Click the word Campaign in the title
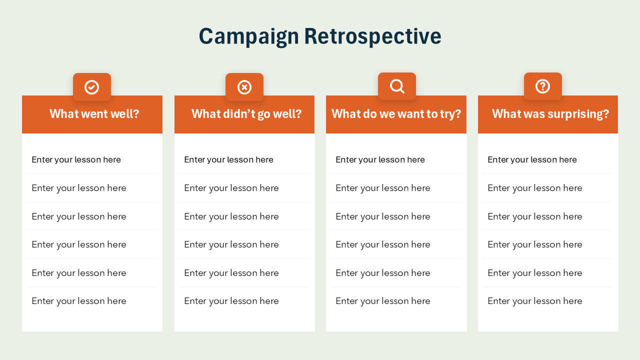point(248,36)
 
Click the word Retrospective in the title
point(372,36)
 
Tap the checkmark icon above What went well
point(92,87)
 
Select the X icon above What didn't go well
point(244,87)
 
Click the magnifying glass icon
point(397,86)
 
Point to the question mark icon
point(543,86)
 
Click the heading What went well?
point(94,114)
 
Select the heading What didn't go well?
point(246,114)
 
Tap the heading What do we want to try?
point(396,114)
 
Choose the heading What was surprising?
point(550,114)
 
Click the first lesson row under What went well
point(76,159)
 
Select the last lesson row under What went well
point(79,301)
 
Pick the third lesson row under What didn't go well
point(231,216)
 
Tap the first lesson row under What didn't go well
point(229,159)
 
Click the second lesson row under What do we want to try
point(383,188)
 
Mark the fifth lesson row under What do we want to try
point(383,273)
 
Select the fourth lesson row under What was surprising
point(535,244)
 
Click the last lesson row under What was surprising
point(535,301)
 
